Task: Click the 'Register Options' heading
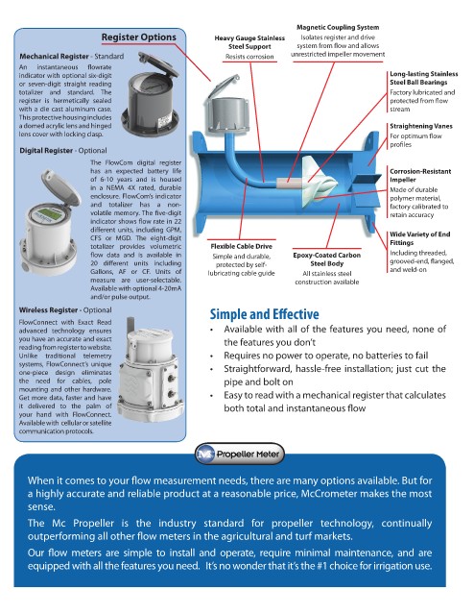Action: tap(139, 37)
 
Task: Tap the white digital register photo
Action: tap(50, 222)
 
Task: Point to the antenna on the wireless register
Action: tap(130, 325)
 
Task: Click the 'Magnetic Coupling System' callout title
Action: tap(338, 28)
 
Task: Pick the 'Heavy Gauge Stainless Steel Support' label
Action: tap(249, 42)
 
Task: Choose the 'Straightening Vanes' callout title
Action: tap(420, 126)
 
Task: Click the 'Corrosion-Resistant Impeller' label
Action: tap(420, 175)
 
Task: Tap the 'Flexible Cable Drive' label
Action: tap(241, 246)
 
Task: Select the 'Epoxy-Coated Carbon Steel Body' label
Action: tap(326, 259)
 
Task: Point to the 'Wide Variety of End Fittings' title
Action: tap(419, 238)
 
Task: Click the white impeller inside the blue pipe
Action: tap(319, 179)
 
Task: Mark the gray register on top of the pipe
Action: tap(226, 107)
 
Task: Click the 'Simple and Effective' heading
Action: tap(265, 314)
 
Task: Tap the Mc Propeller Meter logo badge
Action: tap(239, 455)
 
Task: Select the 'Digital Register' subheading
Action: tap(46, 151)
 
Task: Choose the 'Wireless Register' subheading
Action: tap(49, 310)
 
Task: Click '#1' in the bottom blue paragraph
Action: tap(323, 566)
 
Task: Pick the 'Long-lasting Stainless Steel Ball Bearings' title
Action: tap(423, 78)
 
